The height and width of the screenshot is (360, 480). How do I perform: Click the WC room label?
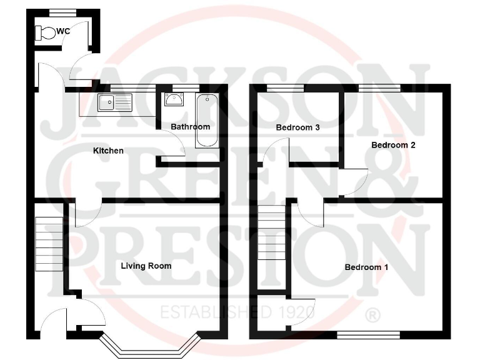pyautogui.click(x=63, y=31)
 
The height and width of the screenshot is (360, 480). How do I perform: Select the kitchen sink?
pyautogui.click(x=115, y=102)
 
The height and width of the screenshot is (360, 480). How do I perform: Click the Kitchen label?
pyautogui.click(x=108, y=151)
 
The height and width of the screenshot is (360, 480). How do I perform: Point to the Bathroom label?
pyautogui.click(x=191, y=127)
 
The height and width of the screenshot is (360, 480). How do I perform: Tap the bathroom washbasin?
pyautogui.click(x=174, y=99)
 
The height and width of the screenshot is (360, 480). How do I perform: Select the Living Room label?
pyautogui.click(x=146, y=266)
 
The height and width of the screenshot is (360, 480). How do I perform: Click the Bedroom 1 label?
pyautogui.click(x=366, y=267)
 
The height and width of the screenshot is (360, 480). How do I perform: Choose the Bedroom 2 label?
pyautogui.click(x=393, y=145)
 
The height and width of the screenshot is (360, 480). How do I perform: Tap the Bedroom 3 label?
pyautogui.click(x=298, y=127)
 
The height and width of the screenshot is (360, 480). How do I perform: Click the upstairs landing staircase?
pyautogui.click(x=271, y=234)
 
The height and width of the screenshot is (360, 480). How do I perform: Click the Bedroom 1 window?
pyautogui.click(x=368, y=335)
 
